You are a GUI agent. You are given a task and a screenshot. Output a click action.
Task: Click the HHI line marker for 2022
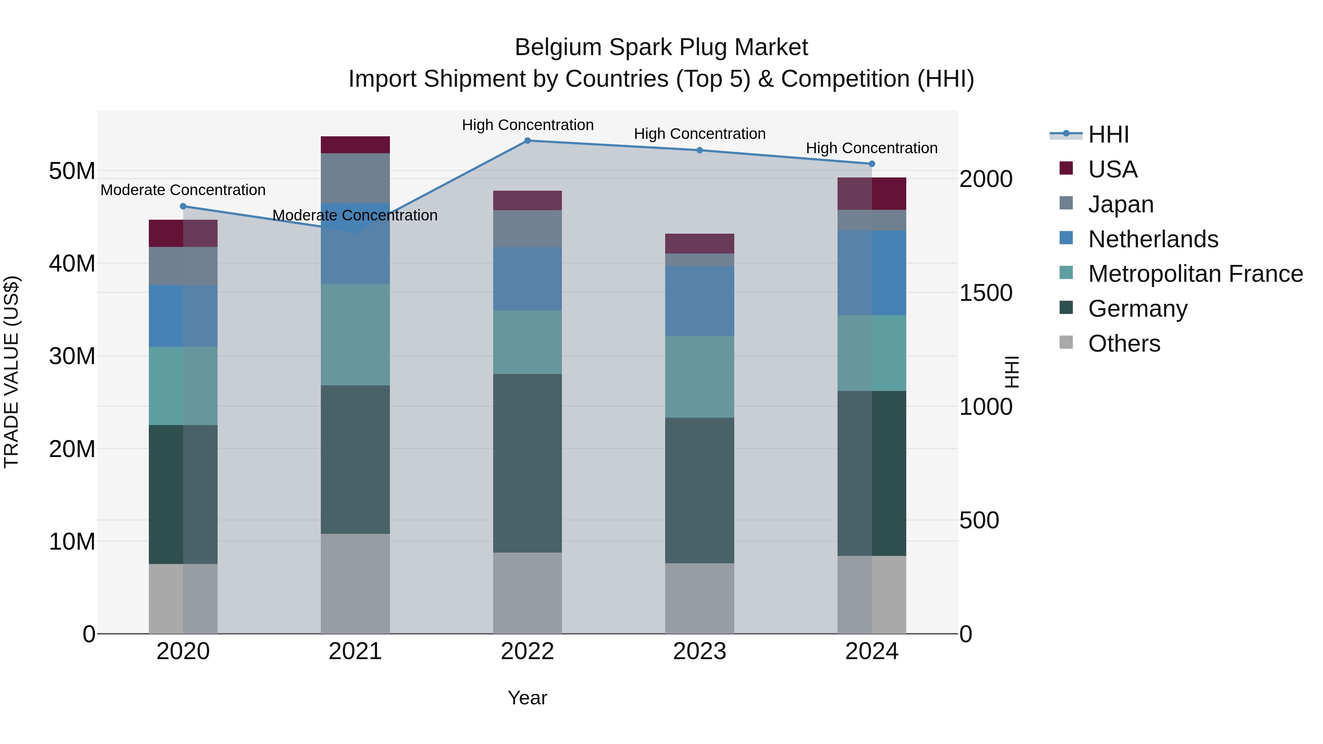coord(527,141)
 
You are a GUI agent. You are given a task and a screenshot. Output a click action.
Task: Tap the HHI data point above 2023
coord(699,150)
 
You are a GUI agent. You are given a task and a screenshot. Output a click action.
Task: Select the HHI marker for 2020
coord(183,206)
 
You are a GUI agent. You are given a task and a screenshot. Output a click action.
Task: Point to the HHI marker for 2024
coord(872,164)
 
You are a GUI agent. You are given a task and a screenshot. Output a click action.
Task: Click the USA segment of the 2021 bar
coord(355,145)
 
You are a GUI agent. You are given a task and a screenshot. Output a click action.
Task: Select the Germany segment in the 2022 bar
coord(527,463)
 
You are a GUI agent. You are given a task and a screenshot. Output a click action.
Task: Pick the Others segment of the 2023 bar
coord(699,598)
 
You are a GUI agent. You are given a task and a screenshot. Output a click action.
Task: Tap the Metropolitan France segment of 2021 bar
coord(355,335)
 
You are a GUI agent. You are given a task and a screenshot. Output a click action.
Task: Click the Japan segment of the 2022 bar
coord(527,229)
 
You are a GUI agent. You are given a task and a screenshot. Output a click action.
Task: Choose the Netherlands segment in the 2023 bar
coord(699,301)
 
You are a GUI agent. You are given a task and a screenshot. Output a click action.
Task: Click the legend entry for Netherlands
coord(1152,239)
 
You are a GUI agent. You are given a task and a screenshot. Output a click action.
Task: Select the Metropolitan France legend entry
coord(1195,274)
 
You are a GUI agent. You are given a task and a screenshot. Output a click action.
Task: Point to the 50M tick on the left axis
coord(72,171)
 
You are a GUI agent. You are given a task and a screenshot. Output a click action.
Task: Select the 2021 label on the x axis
coord(355,651)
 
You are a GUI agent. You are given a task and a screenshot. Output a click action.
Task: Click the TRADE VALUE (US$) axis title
coord(12,372)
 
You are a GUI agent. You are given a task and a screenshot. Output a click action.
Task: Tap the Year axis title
coord(527,698)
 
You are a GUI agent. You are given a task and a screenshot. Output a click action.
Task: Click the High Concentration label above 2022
coord(527,125)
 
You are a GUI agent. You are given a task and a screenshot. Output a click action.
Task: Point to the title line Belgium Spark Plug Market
coord(661,47)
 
